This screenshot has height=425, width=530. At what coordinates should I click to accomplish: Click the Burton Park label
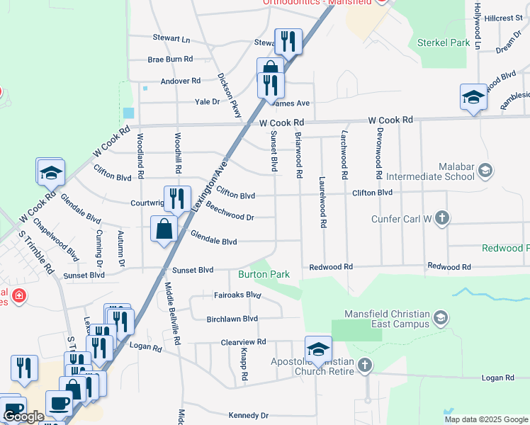[x=264, y=273]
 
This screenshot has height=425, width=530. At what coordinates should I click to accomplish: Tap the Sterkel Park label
[x=444, y=42]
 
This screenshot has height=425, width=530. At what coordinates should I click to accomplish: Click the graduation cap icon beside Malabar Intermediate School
[x=485, y=170]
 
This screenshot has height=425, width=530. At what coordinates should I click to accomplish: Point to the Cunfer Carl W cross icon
[x=441, y=217]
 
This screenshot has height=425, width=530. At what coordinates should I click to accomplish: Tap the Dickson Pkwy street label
[x=230, y=96]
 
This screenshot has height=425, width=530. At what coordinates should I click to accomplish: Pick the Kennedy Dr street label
[x=248, y=415]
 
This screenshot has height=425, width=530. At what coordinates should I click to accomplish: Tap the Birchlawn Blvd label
[x=232, y=319]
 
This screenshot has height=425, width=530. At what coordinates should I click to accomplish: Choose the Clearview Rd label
[x=243, y=341]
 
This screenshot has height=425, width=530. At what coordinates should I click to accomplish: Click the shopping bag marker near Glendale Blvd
[x=164, y=229]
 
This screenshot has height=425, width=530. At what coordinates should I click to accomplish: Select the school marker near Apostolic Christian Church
[x=319, y=349]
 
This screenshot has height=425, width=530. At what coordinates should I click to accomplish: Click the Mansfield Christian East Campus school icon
[x=441, y=317]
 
